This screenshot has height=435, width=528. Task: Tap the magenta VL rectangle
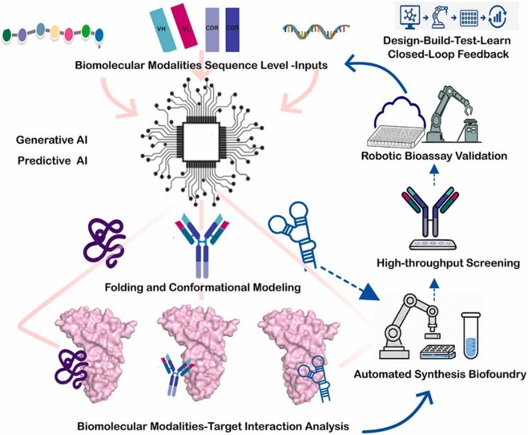point(184,24)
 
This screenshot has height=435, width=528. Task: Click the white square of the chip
point(200,142)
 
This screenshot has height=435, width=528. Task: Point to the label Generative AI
point(52,140)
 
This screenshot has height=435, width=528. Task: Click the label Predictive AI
point(53,160)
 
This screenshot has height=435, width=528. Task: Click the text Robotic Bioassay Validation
point(434,156)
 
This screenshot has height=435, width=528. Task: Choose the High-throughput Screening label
point(448,263)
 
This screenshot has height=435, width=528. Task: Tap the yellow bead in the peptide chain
point(55,33)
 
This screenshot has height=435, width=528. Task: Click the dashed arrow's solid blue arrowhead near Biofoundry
point(369,292)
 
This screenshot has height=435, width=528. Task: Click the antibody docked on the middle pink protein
point(177,373)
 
